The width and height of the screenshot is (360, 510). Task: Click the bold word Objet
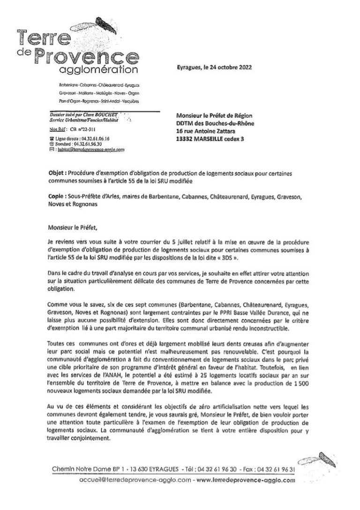click(x=57, y=173)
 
